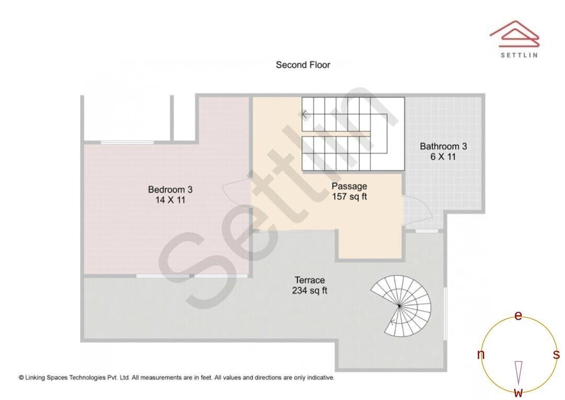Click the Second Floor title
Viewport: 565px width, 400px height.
point(303,65)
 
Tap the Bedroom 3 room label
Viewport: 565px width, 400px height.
point(170,190)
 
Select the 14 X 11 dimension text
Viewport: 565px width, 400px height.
point(170,200)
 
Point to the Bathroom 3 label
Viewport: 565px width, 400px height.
point(443,147)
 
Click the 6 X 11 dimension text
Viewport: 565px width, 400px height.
point(443,157)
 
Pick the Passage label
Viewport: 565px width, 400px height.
point(349,186)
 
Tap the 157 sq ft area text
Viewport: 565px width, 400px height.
point(349,196)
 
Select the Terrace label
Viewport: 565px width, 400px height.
point(310,280)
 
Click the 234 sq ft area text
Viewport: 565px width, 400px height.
point(310,291)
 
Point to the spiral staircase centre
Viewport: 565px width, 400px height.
point(399,306)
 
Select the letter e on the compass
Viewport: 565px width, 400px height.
point(518,316)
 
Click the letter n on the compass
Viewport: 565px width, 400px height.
point(481,354)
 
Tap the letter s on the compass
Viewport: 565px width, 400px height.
point(556,354)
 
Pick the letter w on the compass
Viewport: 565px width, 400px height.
point(518,392)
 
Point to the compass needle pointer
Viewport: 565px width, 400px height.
point(518,373)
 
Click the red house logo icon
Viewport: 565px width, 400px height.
point(515,34)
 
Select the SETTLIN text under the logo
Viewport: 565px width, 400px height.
point(519,55)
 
